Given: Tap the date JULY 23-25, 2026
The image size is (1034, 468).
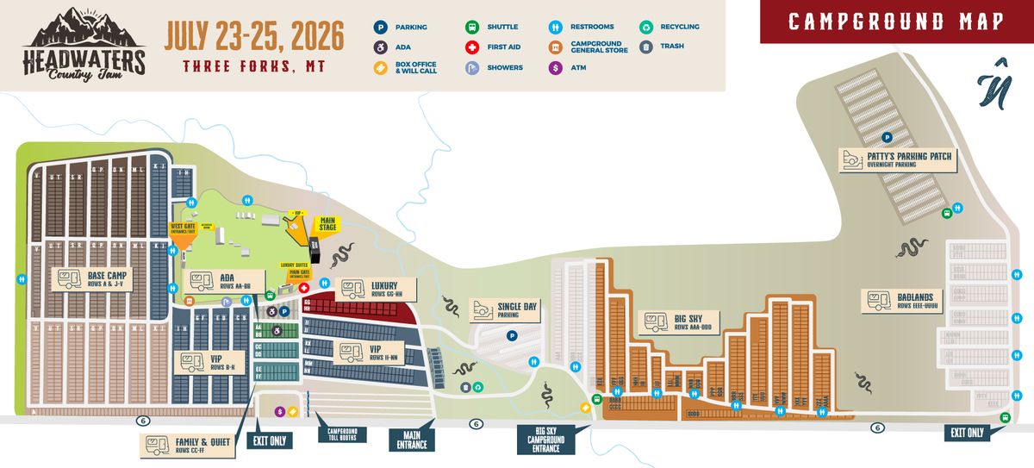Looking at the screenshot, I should coord(254,35).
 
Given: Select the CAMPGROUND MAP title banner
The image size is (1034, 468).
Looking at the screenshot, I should coord(896,22).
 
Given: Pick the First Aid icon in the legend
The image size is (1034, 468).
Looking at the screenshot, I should coord(472,47).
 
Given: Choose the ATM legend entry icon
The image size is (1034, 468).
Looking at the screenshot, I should coord(556,67).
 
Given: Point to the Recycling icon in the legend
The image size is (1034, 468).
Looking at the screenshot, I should coord(646,27).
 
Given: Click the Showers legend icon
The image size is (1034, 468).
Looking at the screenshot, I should coord(472,67).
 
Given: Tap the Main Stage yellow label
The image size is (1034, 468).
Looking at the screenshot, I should coord(328,225).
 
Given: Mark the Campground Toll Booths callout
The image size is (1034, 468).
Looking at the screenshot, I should coord(342,434).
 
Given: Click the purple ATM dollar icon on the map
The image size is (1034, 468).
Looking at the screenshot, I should coord(279,412).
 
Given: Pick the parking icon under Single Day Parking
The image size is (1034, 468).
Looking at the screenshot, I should coord(511,336).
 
